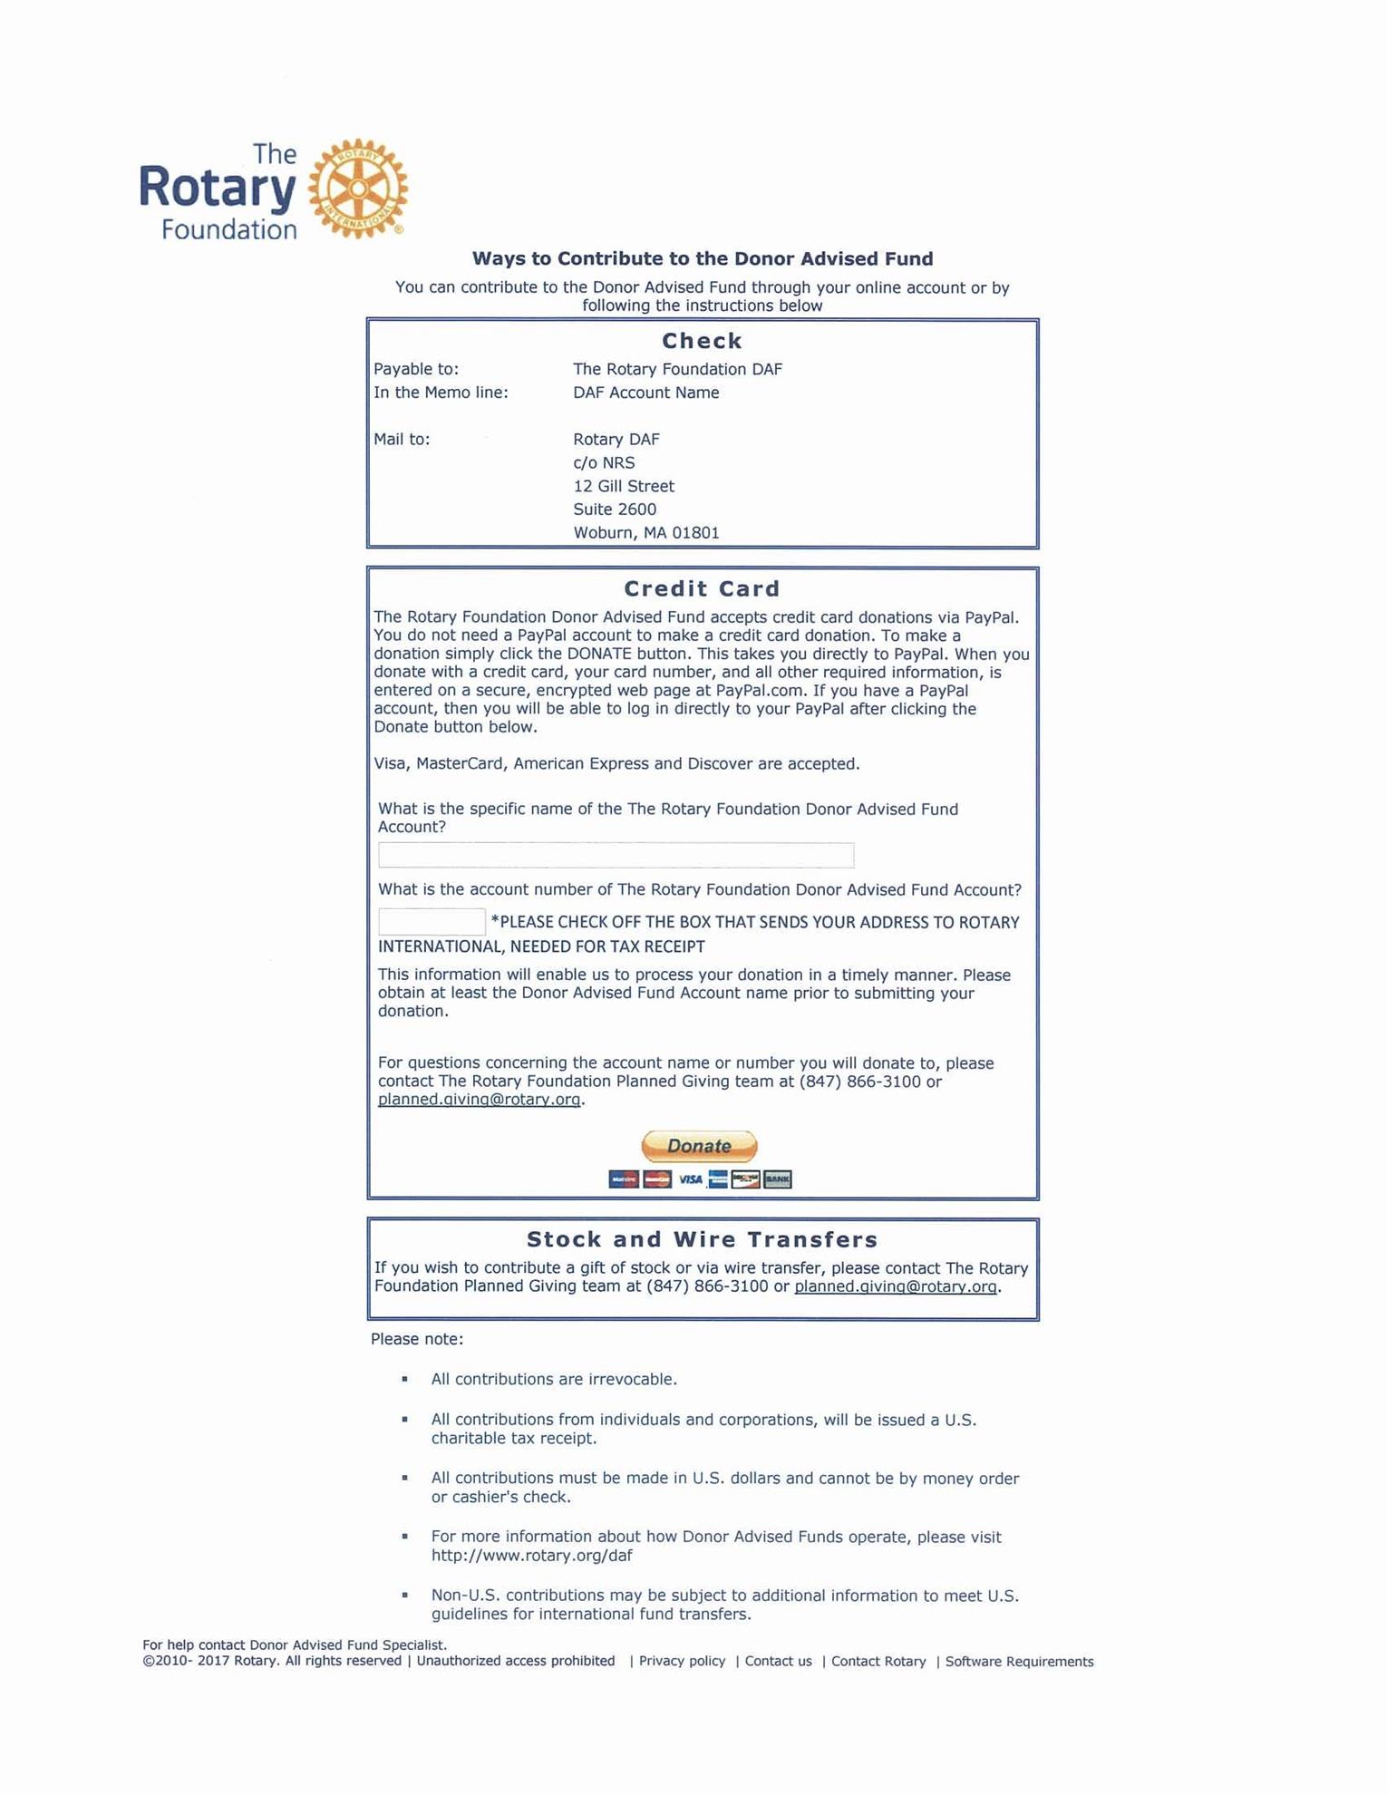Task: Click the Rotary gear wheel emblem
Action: click(358, 189)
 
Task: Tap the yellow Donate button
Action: click(699, 1146)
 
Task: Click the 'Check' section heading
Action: click(702, 341)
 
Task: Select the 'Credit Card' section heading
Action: click(702, 589)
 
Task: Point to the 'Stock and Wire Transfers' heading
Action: click(702, 1239)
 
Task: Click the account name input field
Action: click(616, 855)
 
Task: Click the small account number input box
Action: click(432, 922)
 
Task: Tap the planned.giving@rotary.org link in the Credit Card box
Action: click(479, 1100)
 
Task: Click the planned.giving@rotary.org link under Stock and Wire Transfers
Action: click(896, 1286)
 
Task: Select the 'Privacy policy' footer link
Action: click(682, 1661)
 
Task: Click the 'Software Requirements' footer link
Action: click(1019, 1662)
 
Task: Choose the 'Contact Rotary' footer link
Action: click(878, 1662)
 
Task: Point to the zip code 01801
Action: click(695, 533)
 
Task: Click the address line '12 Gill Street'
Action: click(624, 486)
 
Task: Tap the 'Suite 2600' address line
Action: click(615, 509)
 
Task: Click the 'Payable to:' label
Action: click(416, 369)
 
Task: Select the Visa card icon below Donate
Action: click(690, 1179)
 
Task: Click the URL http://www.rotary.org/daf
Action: click(531, 1556)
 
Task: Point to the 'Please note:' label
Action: click(416, 1339)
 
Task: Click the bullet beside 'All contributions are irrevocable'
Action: click(404, 1379)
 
